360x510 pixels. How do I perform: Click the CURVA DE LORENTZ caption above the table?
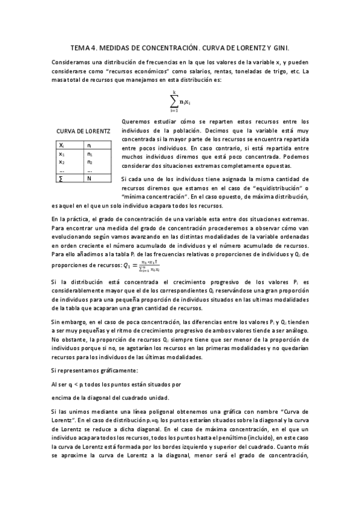(x=83, y=131)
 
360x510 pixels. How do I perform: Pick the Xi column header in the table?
(x=62, y=146)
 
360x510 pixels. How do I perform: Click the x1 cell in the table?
(x=62, y=154)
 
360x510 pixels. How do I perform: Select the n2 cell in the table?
(x=90, y=162)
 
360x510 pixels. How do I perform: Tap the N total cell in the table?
(x=90, y=179)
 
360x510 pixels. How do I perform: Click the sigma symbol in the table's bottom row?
(x=61, y=179)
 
